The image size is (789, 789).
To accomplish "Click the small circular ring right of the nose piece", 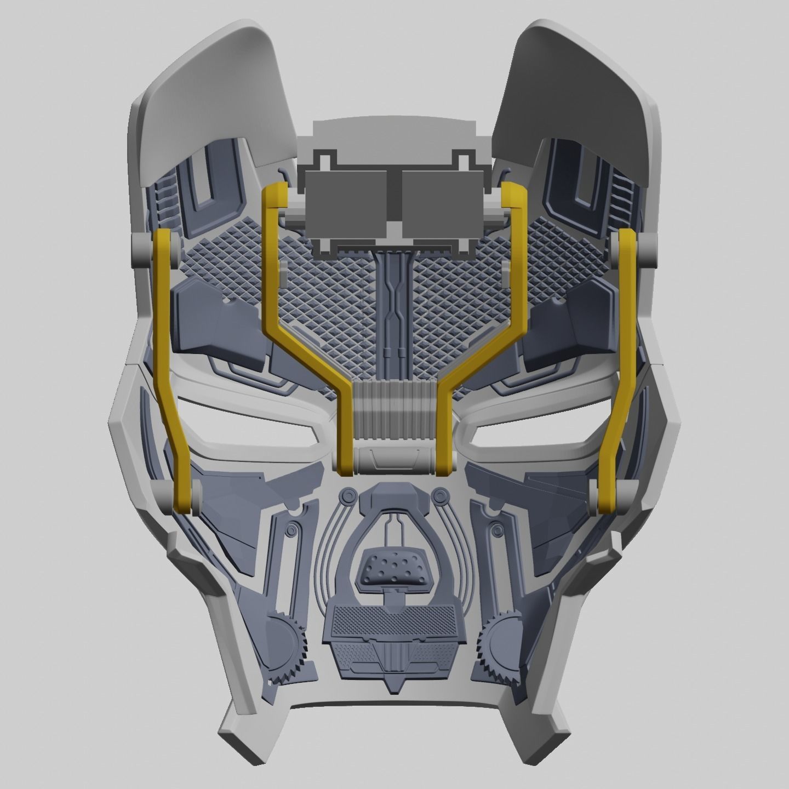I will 438,496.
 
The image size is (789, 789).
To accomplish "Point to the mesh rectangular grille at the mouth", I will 393,622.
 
